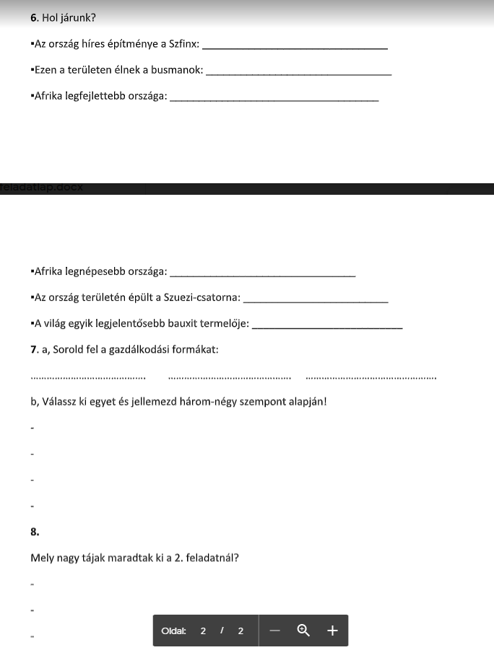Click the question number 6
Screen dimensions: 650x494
coord(34,17)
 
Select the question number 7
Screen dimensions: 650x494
coord(34,350)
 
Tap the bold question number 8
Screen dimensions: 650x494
coord(35,532)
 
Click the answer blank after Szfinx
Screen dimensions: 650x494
coord(296,48)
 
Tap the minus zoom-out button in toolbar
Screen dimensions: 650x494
coord(274,631)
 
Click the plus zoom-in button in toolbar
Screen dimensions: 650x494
coord(332,631)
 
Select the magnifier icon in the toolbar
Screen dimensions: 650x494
coord(303,631)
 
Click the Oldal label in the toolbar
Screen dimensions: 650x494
coord(173,631)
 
